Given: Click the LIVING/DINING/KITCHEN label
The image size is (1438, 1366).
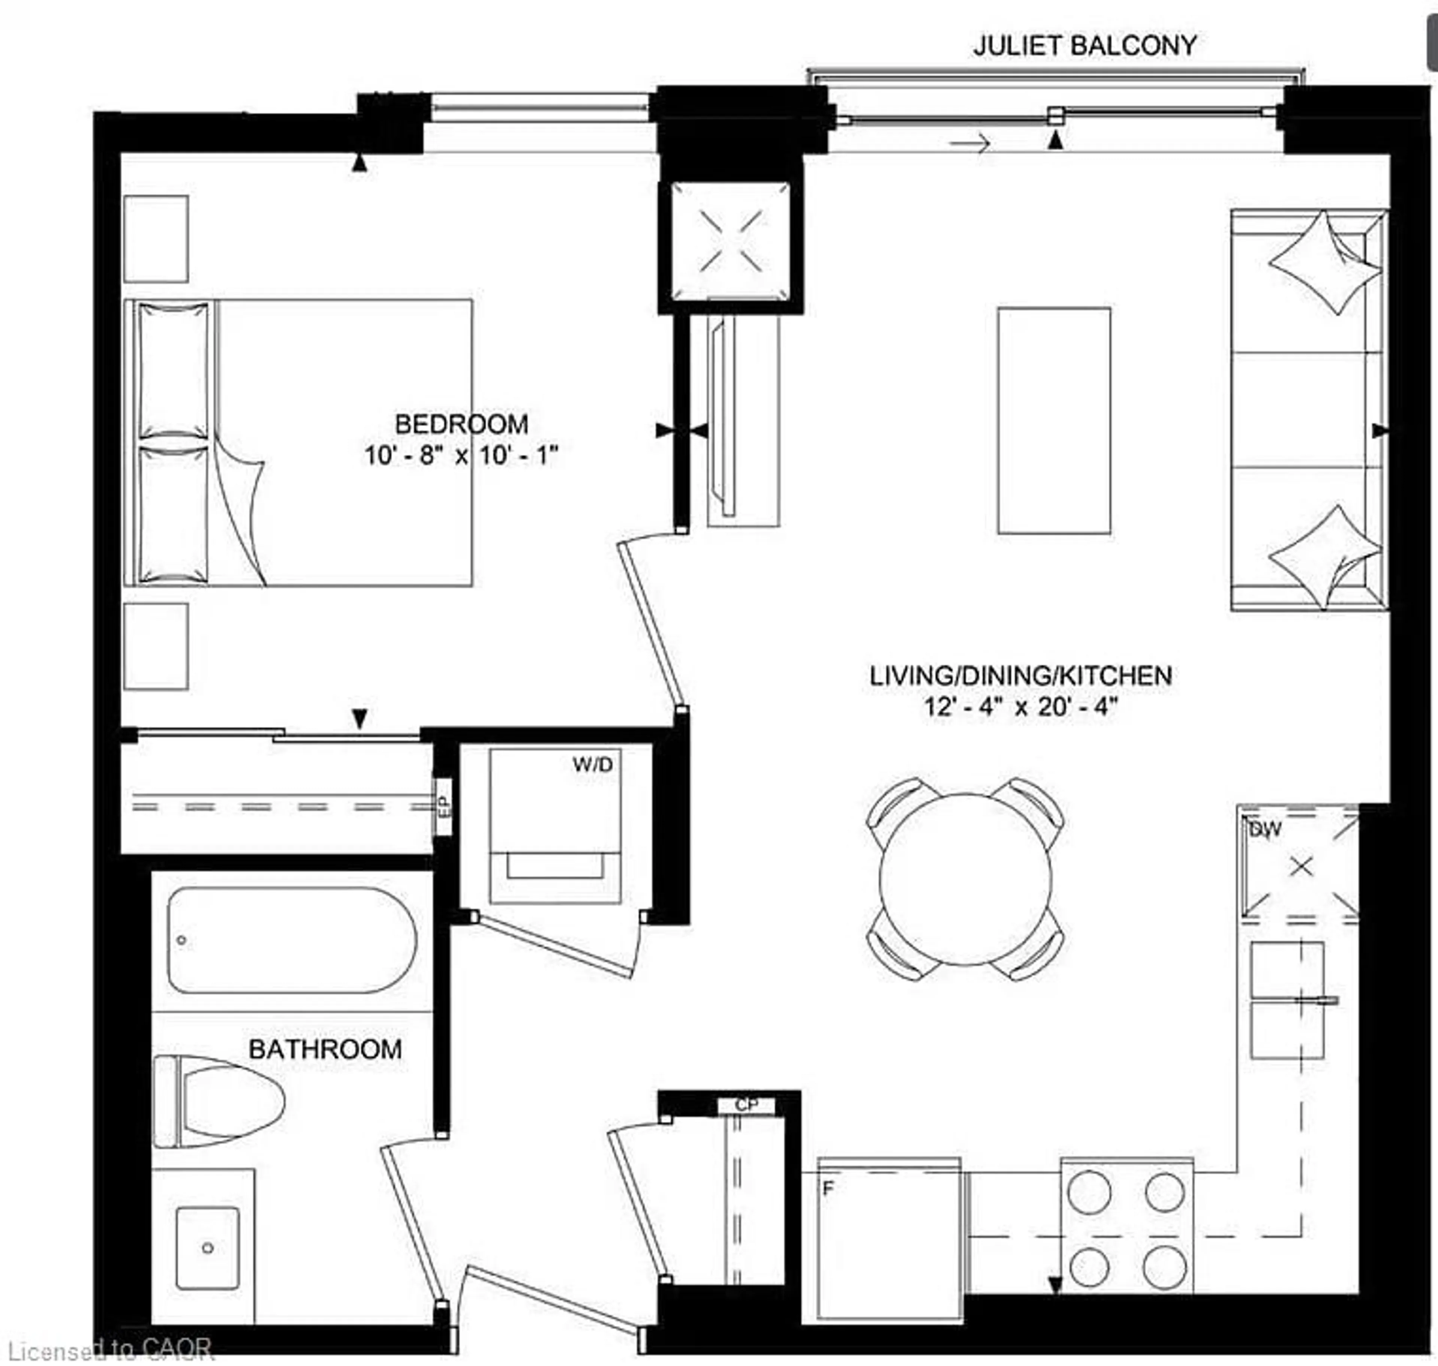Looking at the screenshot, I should pos(1021,676).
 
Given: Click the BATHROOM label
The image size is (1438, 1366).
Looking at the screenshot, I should pos(325,1049).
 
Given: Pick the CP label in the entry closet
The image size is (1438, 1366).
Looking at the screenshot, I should pos(746,1105).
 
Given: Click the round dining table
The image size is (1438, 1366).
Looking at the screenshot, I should pos(965,879).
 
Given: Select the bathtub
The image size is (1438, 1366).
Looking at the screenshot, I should pos(291,939).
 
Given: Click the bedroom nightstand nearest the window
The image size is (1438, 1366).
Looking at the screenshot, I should pos(156,239).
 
